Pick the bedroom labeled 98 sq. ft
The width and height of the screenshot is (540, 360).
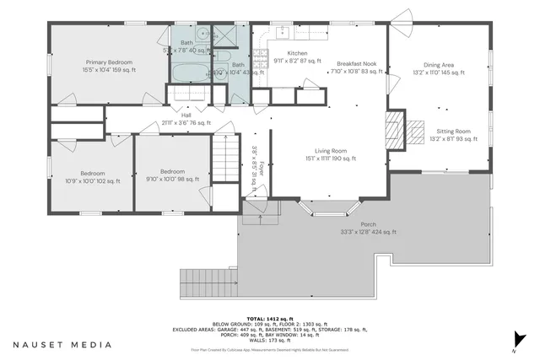tap(171, 175)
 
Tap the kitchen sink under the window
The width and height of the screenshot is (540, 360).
tap(282, 34)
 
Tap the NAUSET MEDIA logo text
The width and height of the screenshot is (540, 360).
tap(62, 344)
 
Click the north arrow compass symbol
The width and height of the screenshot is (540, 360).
tap(511, 346)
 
